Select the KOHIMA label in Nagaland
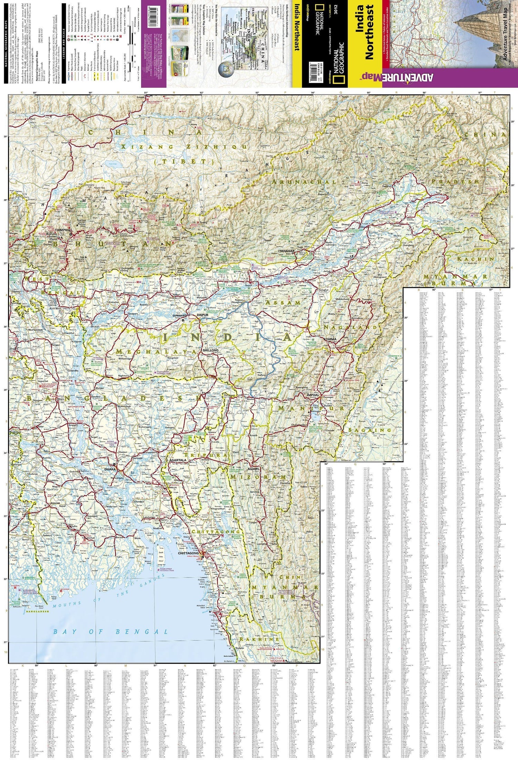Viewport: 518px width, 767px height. pos(330,339)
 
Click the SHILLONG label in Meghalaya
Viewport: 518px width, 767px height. pos(211,350)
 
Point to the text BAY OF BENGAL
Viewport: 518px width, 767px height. pos(111,632)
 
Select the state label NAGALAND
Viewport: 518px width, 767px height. pos(350,327)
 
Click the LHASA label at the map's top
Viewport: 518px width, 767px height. pos(140,98)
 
